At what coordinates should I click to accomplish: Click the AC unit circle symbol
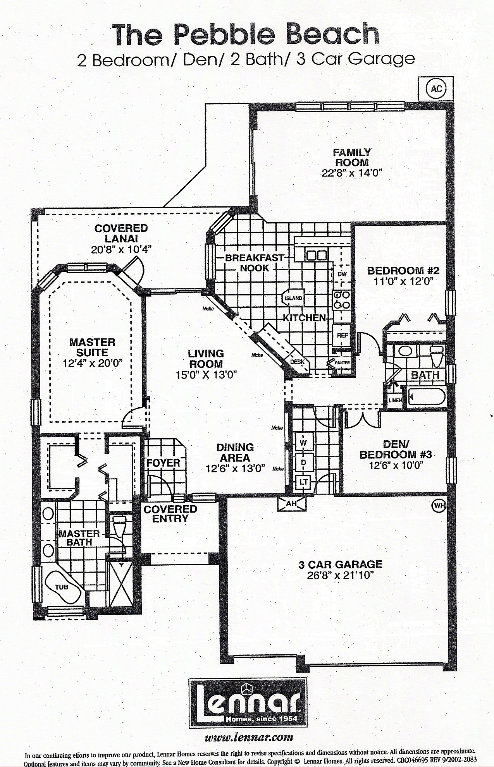click(436, 89)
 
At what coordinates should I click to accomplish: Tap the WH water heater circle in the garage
click(438, 505)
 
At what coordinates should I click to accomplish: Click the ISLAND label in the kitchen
click(293, 299)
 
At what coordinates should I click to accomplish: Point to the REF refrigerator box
click(343, 336)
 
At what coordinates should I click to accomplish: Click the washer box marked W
click(303, 442)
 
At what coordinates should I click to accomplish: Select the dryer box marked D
click(303, 462)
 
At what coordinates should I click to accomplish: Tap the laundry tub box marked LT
click(303, 482)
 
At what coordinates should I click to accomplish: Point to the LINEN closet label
click(395, 400)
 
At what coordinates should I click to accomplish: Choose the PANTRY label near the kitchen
click(343, 363)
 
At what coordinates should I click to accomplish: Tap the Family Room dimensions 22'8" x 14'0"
click(352, 173)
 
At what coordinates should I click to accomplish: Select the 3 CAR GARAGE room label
click(340, 565)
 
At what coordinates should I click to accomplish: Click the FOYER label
click(163, 463)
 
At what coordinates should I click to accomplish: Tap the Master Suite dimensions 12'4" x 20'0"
click(92, 363)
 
